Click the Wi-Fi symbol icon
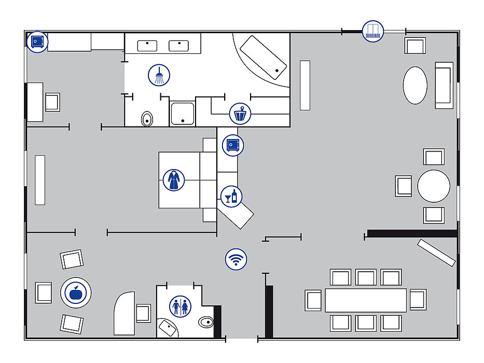236,258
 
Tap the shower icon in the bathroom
159,75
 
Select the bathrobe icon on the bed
173,180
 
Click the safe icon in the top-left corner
37,41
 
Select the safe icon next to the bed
232,145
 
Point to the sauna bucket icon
240,113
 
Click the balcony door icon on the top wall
372,31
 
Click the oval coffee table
416,85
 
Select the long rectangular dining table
366,300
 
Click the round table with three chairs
434,186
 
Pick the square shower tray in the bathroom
182,114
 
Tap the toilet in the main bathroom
147,119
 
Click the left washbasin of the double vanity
147,46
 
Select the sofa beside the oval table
444,85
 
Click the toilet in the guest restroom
206,323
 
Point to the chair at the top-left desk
52,102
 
